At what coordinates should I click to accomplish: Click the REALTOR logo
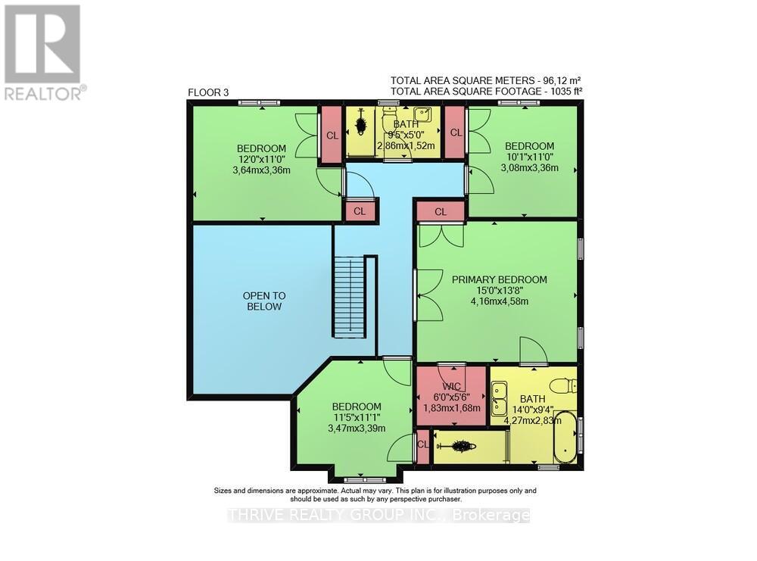click(42, 51)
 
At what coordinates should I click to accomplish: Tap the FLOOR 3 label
click(208, 93)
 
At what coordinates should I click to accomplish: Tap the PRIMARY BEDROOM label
click(499, 279)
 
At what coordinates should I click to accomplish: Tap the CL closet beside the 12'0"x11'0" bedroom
click(332, 135)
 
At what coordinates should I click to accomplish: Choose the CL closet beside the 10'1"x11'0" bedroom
click(455, 132)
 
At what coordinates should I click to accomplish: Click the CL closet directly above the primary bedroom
click(441, 212)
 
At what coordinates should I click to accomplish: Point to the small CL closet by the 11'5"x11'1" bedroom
click(422, 445)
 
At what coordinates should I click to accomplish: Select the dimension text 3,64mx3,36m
click(261, 170)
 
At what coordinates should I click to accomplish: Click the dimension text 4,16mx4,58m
click(499, 301)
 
